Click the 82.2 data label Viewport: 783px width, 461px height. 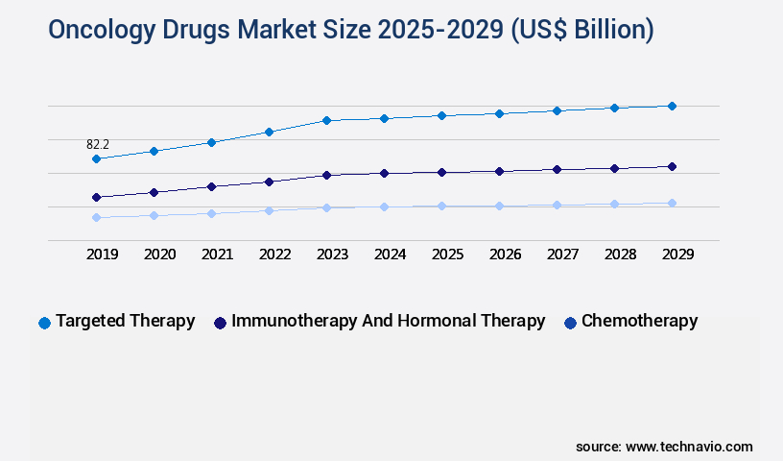pyautogui.click(x=98, y=144)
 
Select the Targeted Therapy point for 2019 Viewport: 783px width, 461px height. pyautogui.click(x=96, y=158)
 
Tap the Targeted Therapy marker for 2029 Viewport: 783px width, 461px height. pyautogui.click(x=672, y=106)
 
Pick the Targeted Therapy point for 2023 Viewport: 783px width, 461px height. pyautogui.click(x=326, y=120)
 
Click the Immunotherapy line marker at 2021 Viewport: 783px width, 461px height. pyautogui.click(x=211, y=186)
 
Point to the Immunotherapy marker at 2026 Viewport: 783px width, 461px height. pyautogui.click(x=499, y=171)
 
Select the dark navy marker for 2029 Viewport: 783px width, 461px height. pyautogui.click(x=672, y=166)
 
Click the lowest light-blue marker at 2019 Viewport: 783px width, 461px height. pyautogui.click(x=96, y=217)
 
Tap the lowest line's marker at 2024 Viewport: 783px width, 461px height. pyautogui.click(x=384, y=206)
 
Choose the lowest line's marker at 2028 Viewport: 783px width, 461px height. pyautogui.click(x=614, y=204)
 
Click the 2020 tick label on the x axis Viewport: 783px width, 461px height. pyautogui.click(x=159, y=255)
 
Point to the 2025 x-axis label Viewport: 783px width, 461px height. pyautogui.click(x=447, y=255)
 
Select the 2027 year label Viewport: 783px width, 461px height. pyautogui.click(x=562, y=255)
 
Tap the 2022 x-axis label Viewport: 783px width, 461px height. pyautogui.click(x=274, y=255)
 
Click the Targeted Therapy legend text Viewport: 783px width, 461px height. pyautogui.click(x=125, y=321)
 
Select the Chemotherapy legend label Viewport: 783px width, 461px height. pyautogui.click(x=639, y=321)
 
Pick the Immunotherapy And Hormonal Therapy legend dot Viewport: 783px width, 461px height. pyautogui.click(x=220, y=323)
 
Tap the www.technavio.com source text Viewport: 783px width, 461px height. pyautogui.click(x=689, y=447)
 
